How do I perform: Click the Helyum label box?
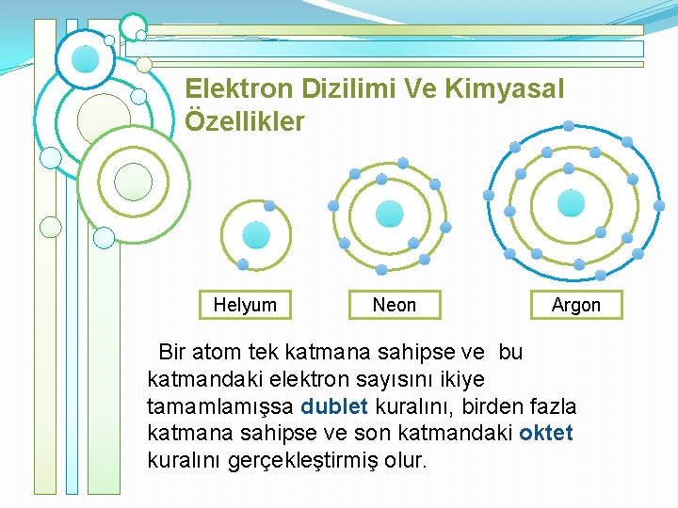pos(245,305)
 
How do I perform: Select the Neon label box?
pos(394,305)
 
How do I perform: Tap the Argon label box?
pos(575,305)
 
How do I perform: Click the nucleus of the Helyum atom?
pos(255,235)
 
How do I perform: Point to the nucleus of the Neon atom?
pos(389,214)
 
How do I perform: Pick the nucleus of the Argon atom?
pos(571,202)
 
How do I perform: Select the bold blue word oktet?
pos(545,434)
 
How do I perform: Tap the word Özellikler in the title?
pos(245,122)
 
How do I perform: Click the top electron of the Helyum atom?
pos(269,206)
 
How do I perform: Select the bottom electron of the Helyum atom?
pos(242,264)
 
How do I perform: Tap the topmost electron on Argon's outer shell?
pos(569,126)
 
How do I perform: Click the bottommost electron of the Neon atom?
pos(380,269)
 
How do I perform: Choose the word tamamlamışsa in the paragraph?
pos(220,407)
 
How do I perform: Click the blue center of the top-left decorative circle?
pos(86,59)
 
